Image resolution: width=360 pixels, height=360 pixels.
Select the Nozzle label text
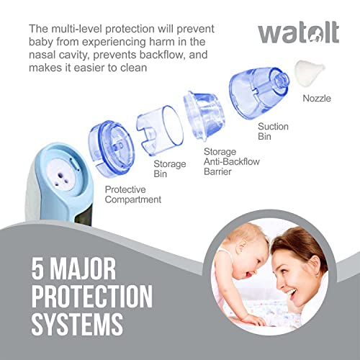coord(317,97)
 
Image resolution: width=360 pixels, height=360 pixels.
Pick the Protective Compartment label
coord(134,194)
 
